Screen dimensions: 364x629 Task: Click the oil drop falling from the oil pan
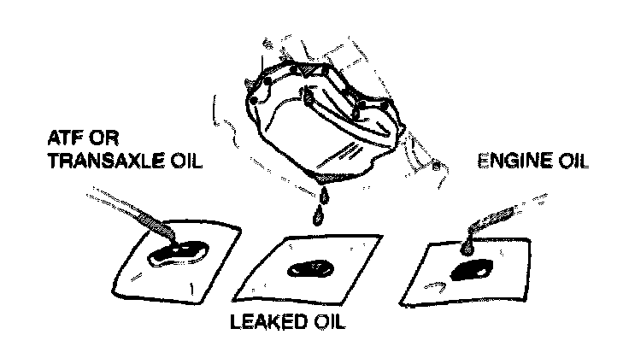pos(318,214)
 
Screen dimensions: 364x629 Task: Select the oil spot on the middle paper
pos(310,270)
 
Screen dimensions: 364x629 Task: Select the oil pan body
pos(316,120)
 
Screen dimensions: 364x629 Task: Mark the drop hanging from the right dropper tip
pos(467,247)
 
